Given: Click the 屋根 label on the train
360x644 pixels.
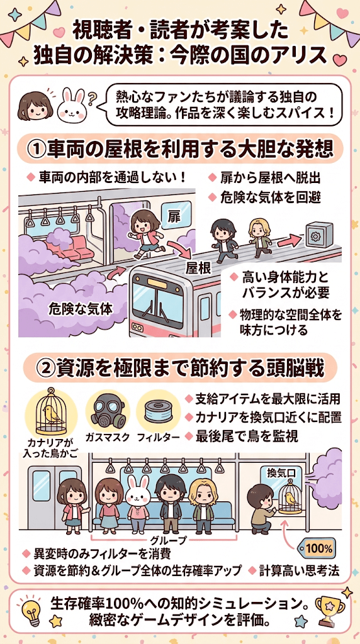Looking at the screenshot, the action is coord(198,268).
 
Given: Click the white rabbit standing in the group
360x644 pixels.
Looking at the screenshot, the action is coord(138,504).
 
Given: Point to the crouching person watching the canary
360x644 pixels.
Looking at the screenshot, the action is coord(261,508).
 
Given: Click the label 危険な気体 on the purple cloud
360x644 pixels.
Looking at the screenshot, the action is coord(81,308).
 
